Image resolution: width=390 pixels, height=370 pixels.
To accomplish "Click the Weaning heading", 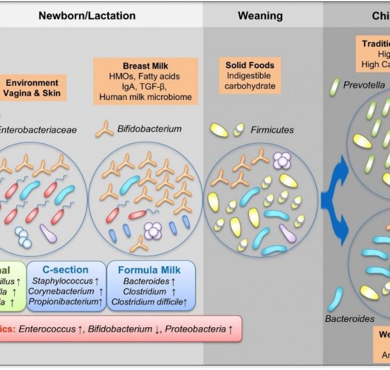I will pos(260,15).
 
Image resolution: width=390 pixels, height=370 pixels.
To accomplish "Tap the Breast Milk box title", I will pos(146,66).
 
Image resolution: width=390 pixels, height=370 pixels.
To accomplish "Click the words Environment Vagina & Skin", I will pos(32,88).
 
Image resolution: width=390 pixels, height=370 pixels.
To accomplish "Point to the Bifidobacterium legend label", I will pos(151,129).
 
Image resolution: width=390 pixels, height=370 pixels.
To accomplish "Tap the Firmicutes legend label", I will pos(272,130).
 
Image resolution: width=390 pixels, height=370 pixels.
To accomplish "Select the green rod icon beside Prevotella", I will pos(335,85).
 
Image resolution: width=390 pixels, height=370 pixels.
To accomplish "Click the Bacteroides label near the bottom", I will pos(350,319).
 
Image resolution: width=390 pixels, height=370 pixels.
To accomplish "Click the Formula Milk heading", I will pos(150,269).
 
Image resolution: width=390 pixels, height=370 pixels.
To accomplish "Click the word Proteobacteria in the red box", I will pos(195,330).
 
